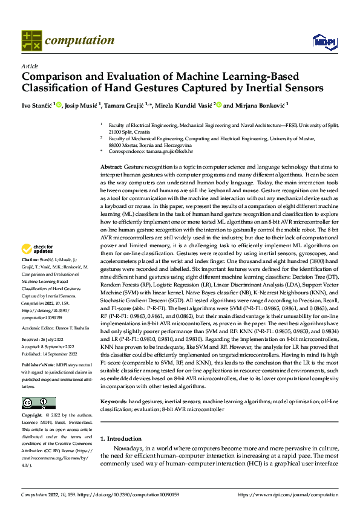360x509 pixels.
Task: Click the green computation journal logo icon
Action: (31, 40)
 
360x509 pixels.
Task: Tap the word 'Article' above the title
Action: (29, 66)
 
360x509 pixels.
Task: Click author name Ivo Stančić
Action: (37, 105)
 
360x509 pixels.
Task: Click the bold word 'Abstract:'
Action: (111, 166)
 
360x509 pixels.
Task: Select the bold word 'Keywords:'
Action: (113, 401)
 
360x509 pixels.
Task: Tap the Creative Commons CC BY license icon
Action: (38, 402)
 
